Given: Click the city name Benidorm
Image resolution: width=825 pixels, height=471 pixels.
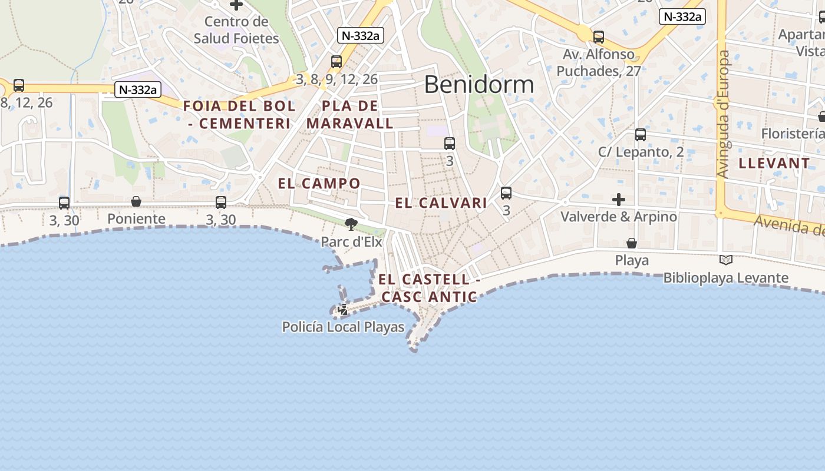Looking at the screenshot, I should coord(478,85).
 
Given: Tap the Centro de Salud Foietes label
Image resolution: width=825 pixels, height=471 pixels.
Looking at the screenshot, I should coord(236,30).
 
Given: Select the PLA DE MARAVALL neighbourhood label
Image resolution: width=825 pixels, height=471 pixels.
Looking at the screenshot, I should coord(350,115).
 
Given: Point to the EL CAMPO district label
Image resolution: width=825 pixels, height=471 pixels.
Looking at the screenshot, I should coord(319,183).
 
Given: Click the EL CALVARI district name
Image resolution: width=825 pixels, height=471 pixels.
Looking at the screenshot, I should coord(441,203).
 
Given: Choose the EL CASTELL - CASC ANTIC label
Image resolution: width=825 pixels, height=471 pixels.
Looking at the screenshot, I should coord(429,288).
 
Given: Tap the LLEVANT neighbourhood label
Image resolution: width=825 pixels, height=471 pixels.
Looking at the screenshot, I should coord(774,163).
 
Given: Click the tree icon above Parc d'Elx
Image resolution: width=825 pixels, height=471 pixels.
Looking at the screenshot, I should coord(351,224).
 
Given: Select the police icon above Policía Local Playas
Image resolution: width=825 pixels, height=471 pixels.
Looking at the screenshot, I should coord(343,309).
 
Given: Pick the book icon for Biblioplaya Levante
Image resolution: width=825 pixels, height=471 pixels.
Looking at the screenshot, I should coord(726,260).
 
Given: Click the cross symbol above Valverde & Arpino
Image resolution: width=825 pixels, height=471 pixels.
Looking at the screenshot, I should coord(618,200).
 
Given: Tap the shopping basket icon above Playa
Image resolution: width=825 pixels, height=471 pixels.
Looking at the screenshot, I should coord(632,243).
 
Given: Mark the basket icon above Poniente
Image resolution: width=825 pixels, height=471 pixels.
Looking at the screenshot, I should coord(136,201).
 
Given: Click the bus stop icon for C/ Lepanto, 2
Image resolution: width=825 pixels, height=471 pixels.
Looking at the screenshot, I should coord(641,135).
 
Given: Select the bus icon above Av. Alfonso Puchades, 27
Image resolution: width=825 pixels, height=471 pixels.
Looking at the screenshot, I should coord(599,37).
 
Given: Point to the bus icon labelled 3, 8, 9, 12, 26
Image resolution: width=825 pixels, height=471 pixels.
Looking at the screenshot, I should coord(336,62).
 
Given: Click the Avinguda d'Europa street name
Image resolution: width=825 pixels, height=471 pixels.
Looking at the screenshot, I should coord(724,114).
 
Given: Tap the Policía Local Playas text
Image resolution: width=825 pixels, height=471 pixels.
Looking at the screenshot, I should coord(343,327).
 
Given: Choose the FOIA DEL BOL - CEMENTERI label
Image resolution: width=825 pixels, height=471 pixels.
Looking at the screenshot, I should coord(239,115).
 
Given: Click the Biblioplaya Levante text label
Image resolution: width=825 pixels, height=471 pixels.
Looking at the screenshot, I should coord(726,278).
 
